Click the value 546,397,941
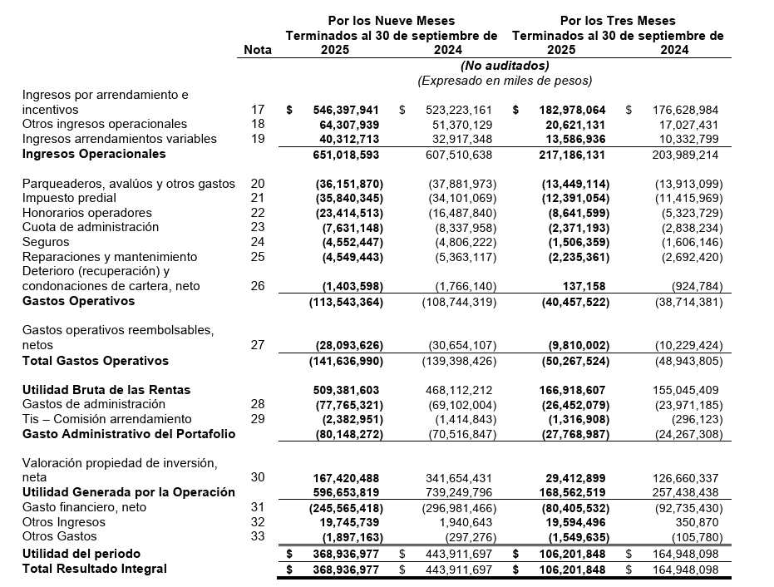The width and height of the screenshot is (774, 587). (346, 110)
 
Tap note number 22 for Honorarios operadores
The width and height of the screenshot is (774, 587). (258, 213)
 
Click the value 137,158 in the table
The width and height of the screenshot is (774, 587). (584, 286)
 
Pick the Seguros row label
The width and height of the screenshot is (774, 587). (45, 242)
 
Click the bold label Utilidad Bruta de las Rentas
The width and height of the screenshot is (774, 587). (106, 390)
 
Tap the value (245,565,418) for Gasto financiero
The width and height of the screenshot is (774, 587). (348, 507)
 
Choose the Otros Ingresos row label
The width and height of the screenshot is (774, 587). (64, 522)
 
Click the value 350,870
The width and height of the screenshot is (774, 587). (696, 522)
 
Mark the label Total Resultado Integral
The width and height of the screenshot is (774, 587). (94, 569)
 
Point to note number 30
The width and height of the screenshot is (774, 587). (258, 477)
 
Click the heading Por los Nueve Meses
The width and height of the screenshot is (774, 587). (391, 21)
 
